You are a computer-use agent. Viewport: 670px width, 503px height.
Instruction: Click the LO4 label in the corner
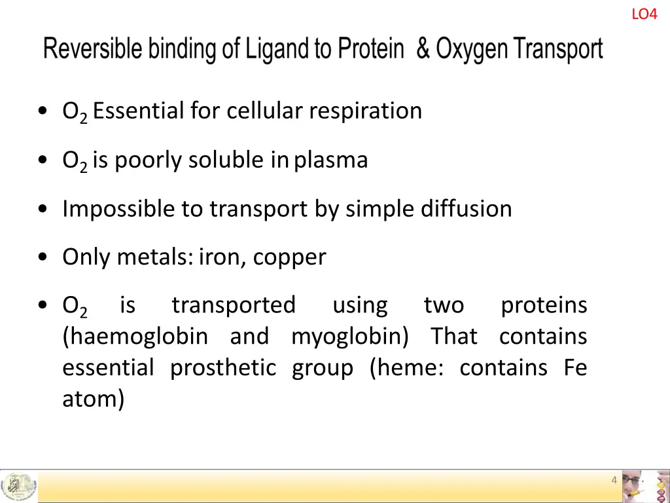tap(644, 14)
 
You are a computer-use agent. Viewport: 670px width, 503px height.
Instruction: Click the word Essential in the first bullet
tap(139, 111)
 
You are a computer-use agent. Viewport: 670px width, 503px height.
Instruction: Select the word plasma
tap(331, 160)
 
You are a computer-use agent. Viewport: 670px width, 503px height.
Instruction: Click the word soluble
tap(227, 160)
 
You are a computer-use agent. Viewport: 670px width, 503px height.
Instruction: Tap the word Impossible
tap(118, 209)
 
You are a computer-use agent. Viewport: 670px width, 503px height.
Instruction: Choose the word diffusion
tap(467, 209)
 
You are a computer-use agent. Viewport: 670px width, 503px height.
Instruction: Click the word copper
tap(289, 257)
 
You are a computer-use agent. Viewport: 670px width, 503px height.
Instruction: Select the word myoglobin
tap(350, 337)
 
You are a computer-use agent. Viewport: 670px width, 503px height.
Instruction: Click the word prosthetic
tap(223, 368)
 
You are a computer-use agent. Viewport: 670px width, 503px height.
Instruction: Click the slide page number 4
tap(614, 480)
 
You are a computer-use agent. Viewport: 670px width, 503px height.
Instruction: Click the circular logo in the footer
tap(18, 487)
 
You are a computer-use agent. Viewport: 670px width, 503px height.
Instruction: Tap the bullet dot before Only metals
tap(43, 257)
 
